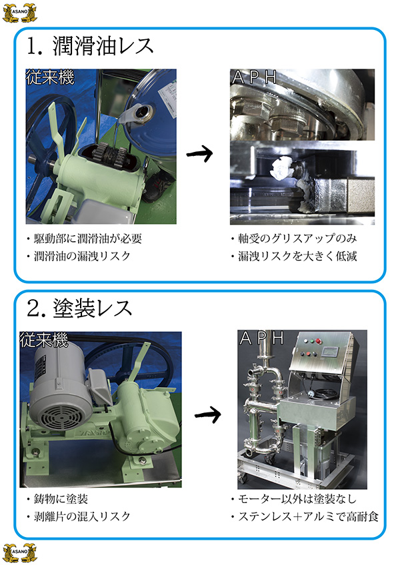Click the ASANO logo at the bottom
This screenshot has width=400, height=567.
coord(19,553)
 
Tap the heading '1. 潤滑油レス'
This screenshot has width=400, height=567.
coord(90,45)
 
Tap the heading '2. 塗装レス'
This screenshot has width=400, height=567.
coord(79,308)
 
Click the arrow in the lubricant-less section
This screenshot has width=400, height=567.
coord(199,154)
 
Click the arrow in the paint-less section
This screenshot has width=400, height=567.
coord(207,414)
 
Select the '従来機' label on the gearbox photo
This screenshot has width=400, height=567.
coord(50,77)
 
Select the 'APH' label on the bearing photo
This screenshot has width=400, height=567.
coord(255,77)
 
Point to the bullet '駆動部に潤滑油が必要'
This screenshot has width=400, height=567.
coord(84,239)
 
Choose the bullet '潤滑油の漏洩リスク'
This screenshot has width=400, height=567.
coord(79,256)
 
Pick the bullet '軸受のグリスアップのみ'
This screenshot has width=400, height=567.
coord(295,239)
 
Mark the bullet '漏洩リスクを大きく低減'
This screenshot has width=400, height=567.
coord(295,256)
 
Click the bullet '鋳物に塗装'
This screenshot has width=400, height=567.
coord(57,499)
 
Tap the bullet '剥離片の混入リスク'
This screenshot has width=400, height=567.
coord(79,516)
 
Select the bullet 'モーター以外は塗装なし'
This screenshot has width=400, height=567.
coord(294,499)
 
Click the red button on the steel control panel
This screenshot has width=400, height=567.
coord(319,340)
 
